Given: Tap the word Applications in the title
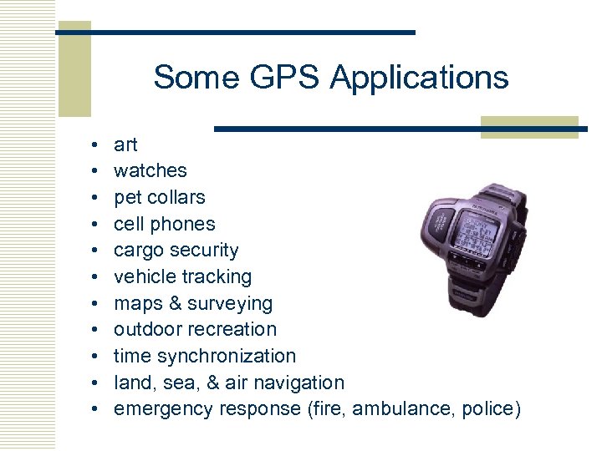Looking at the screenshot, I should (x=420, y=79).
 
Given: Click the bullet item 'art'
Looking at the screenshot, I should (x=125, y=144).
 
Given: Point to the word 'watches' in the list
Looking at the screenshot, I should (x=150, y=170).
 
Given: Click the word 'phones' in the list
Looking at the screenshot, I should (x=185, y=224).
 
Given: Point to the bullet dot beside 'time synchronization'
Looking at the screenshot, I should (x=96, y=357).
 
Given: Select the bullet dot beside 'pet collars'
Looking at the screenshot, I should (x=96, y=198).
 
